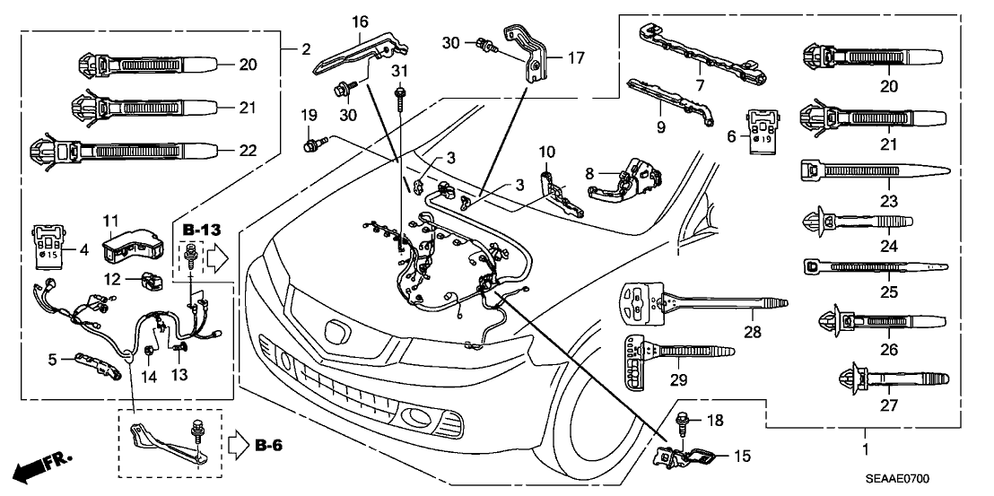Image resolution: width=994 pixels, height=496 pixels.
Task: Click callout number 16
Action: [360, 22]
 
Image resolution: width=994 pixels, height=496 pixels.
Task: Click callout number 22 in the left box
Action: [248, 149]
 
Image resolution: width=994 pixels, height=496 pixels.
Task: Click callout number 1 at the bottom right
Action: [866, 448]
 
